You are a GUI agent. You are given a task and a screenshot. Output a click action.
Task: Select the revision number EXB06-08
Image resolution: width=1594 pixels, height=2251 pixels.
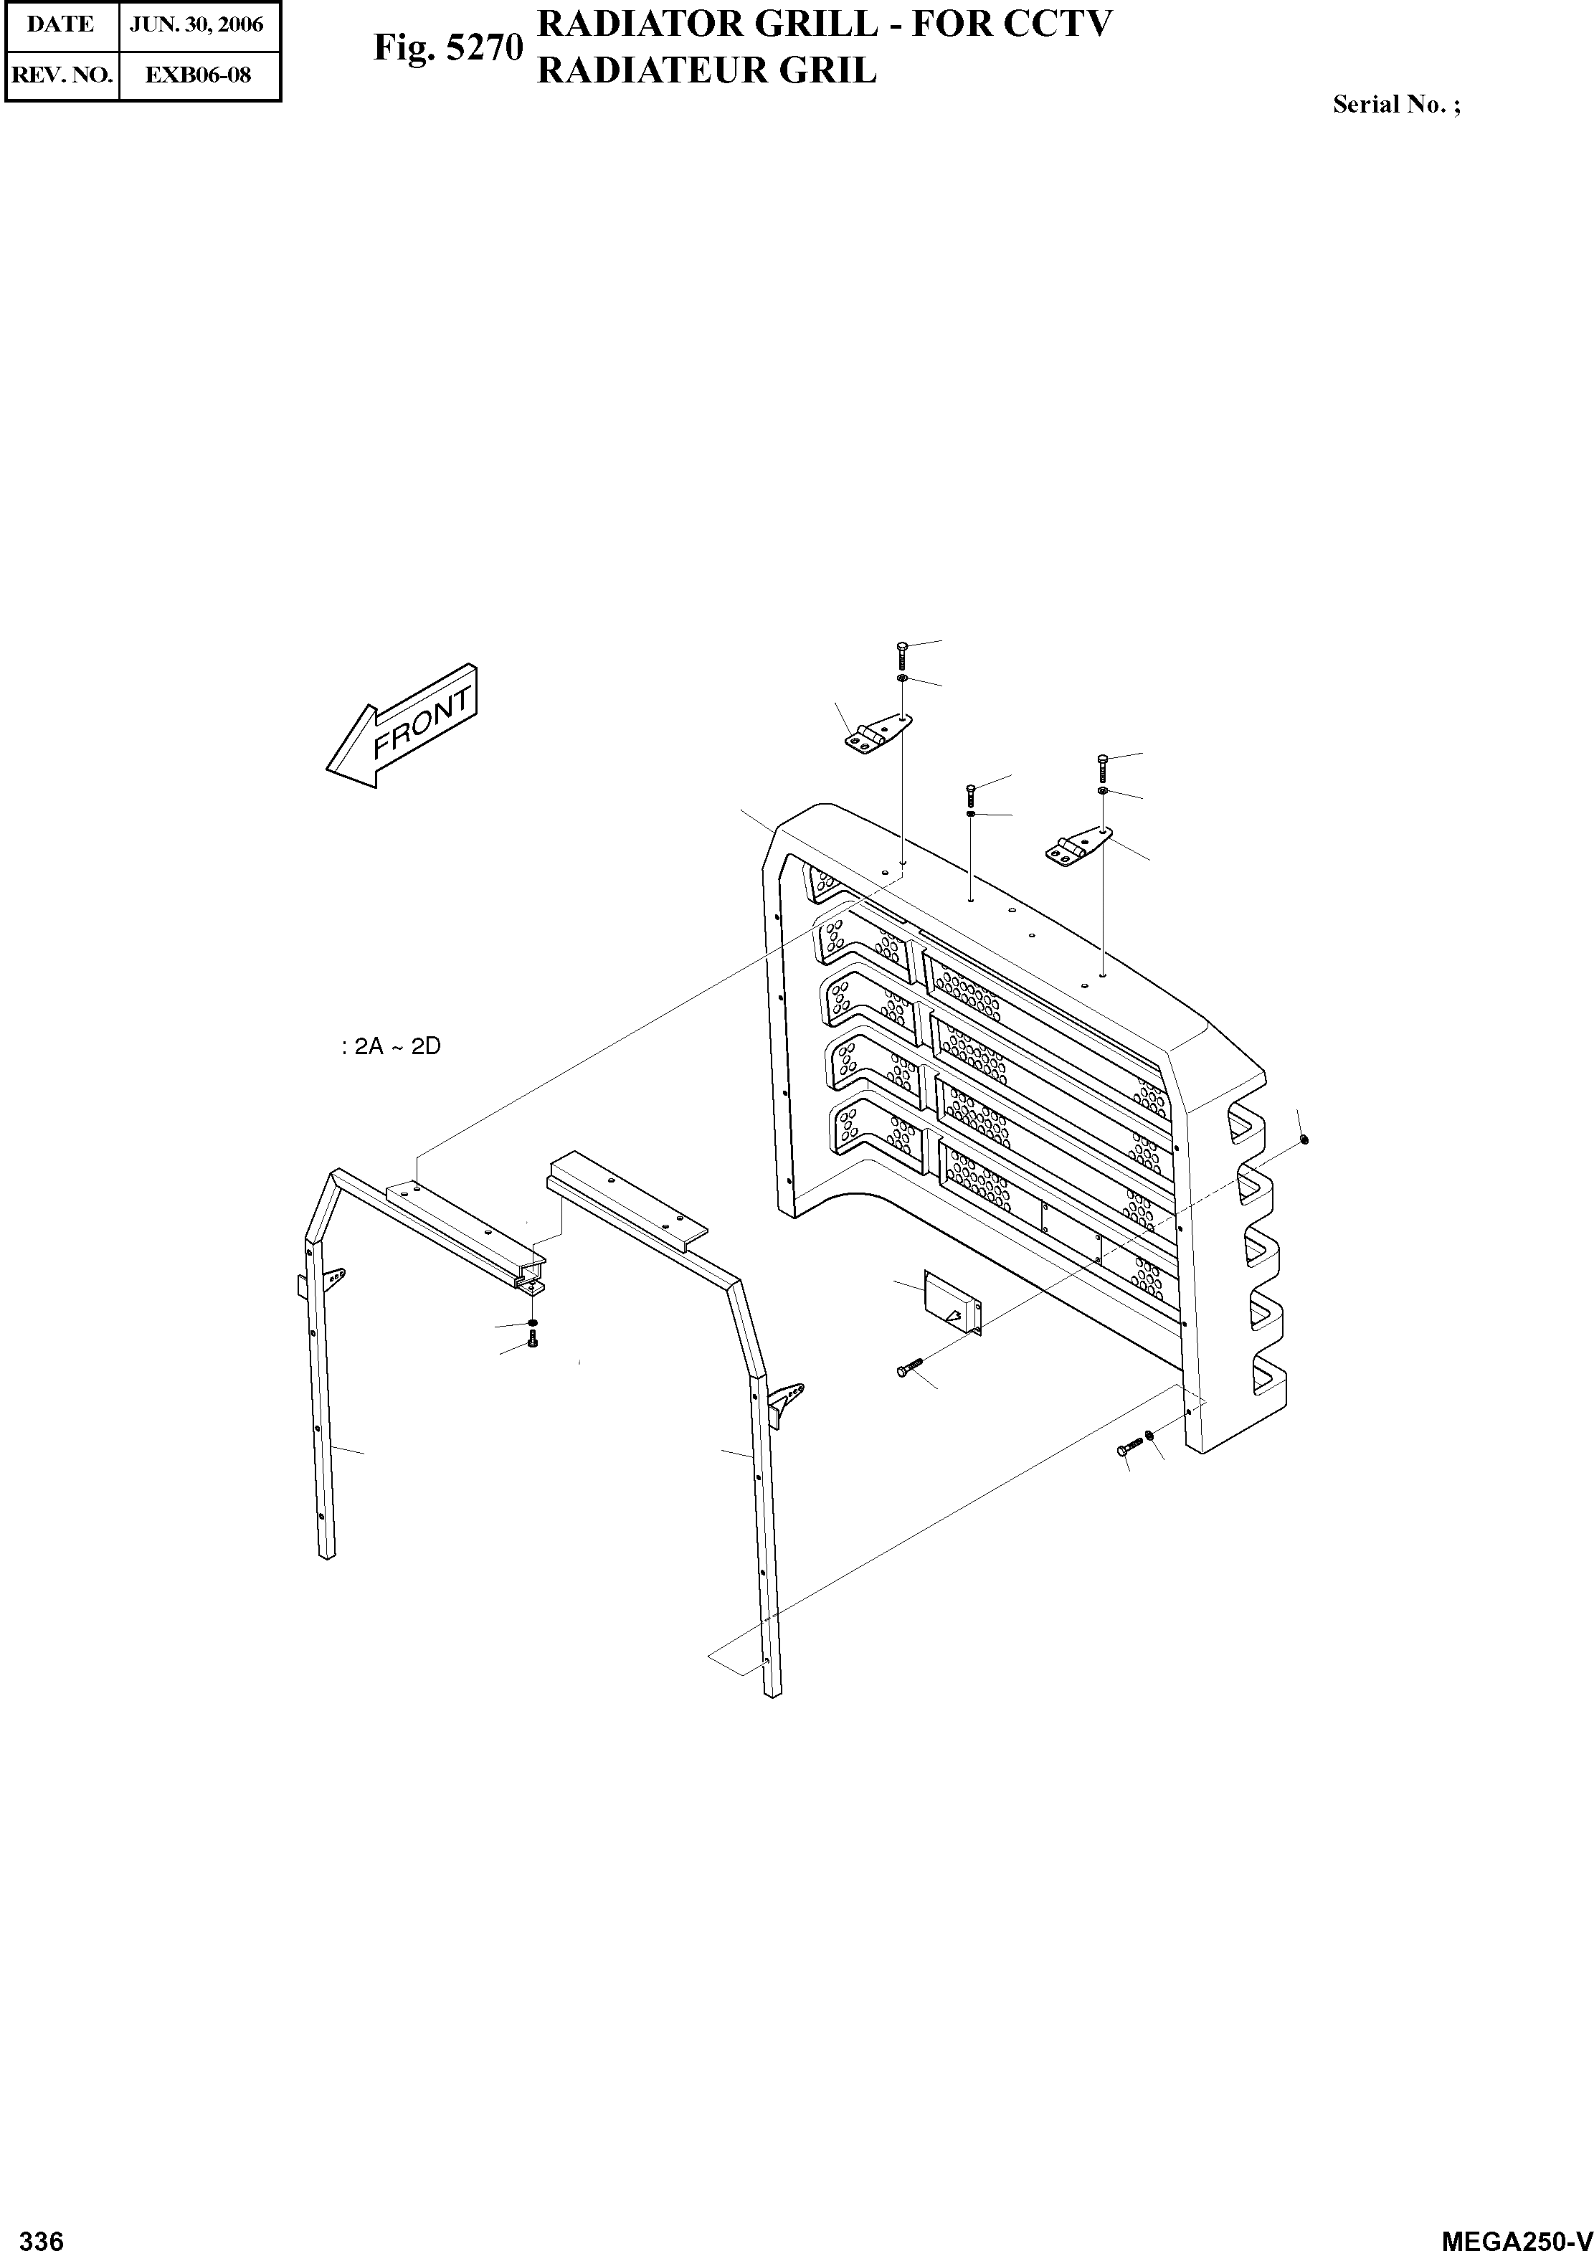pos(199,75)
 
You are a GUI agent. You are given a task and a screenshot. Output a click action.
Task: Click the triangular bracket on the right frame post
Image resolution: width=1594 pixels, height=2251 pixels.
pos(786,1403)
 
